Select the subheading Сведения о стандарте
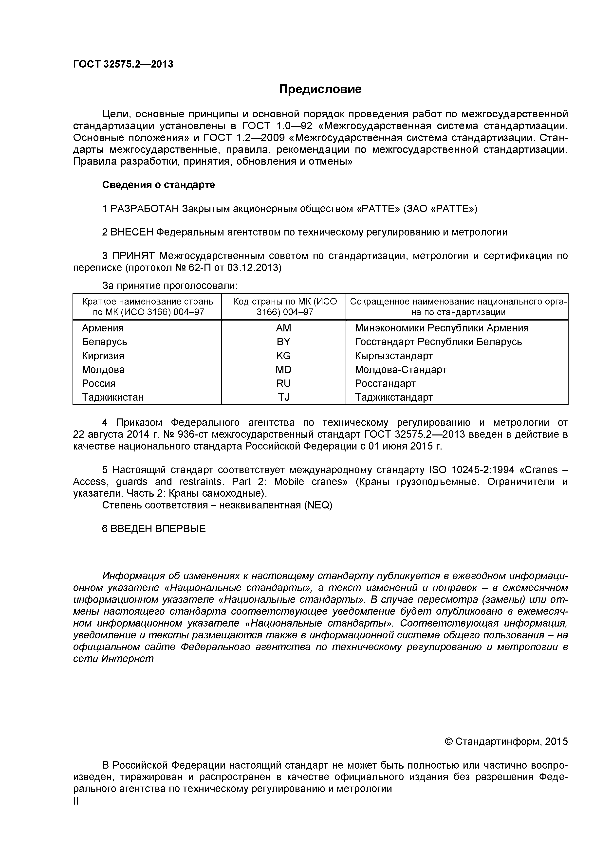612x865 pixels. pos(158,185)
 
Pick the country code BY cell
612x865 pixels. pos(283,342)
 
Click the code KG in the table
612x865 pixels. pos(283,356)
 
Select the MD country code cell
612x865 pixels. pos(283,370)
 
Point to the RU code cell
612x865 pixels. pos(283,383)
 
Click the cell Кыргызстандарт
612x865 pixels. pos(394,356)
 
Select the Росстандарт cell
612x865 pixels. pos(385,383)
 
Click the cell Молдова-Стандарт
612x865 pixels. pos(401,370)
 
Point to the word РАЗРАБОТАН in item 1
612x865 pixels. pos(145,208)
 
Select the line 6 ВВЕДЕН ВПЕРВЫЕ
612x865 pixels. pos(154,529)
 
